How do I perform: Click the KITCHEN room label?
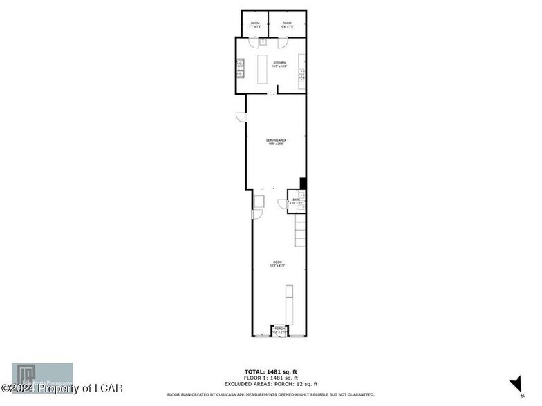coord(279,64)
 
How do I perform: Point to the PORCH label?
coord(279,330)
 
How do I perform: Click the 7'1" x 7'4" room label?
coord(254,26)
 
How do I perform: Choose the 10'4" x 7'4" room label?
coord(286,26)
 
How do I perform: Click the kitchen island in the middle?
coord(263,68)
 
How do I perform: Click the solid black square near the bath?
coord(302,183)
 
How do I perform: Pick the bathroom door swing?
coord(283,204)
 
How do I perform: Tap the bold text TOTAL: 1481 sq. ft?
coord(270,372)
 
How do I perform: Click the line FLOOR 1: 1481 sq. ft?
coord(270,378)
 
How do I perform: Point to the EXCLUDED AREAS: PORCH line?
coord(270,384)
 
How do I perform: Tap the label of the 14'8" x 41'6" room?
coord(277,264)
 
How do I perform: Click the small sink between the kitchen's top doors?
coord(263,42)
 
